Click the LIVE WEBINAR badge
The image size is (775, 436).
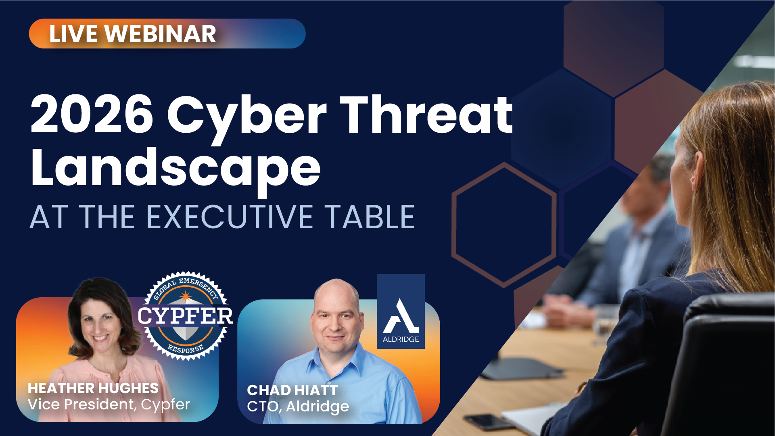pyautogui.click(x=167, y=33)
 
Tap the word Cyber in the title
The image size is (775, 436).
pyautogui.click(x=247, y=119)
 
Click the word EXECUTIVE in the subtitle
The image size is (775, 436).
pyautogui.click(x=230, y=217)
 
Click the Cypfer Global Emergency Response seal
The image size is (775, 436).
pyautogui.click(x=185, y=315)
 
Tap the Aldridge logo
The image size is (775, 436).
pyautogui.click(x=401, y=311)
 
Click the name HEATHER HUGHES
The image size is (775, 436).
pyautogui.click(x=93, y=388)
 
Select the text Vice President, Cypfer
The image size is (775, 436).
pyautogui.click(x=109, y=404)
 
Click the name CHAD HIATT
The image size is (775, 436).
pyautogui.click(x=292, y=390)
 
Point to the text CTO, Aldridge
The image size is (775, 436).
pyautogui.click(x=298, y=407)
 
